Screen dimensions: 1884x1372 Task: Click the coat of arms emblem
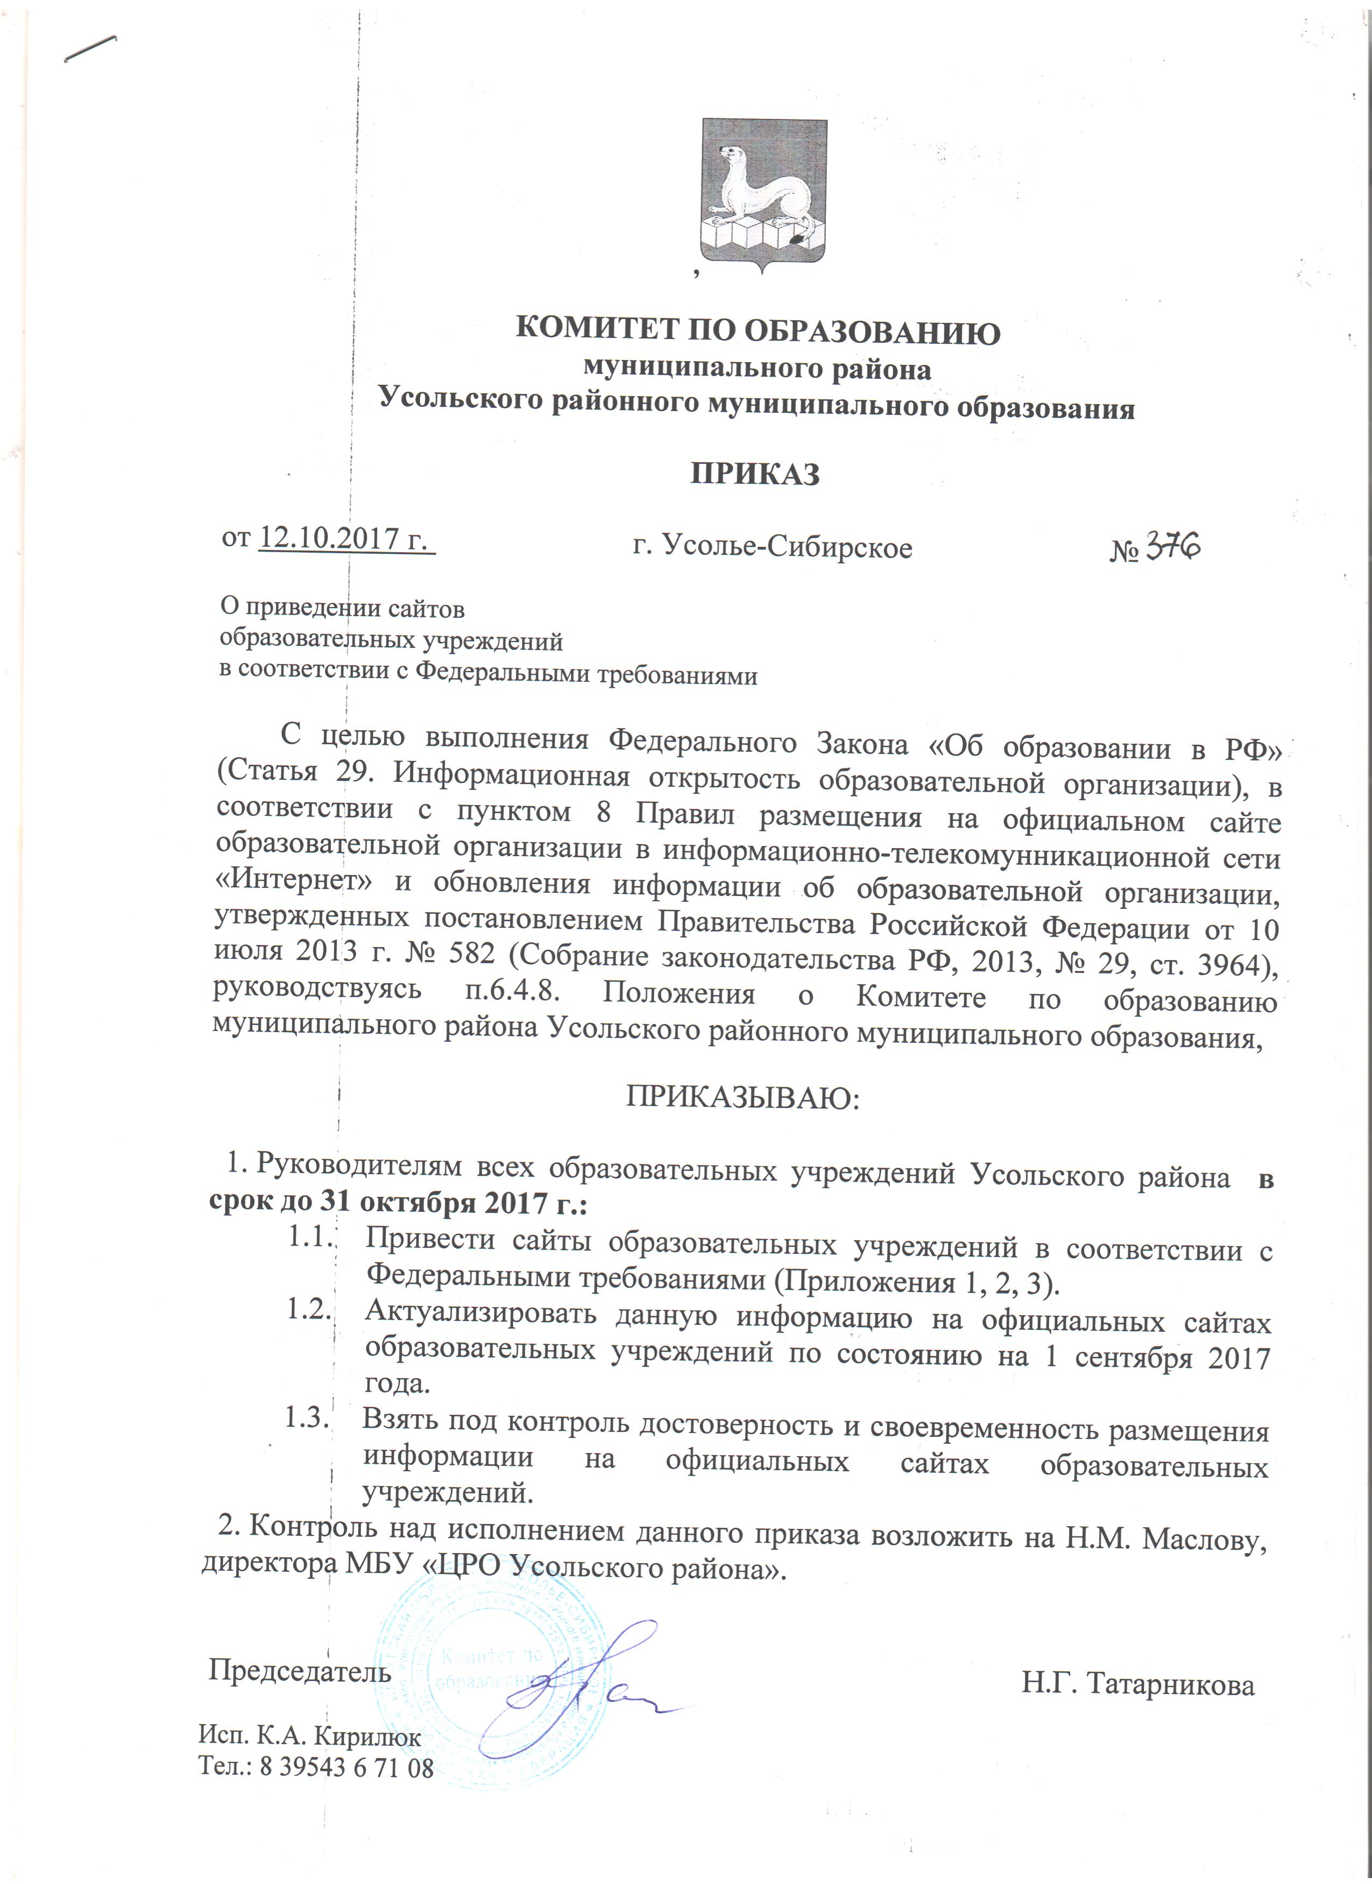click(x=764, y=195)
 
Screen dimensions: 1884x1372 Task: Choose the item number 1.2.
click(x=310, y=1309)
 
